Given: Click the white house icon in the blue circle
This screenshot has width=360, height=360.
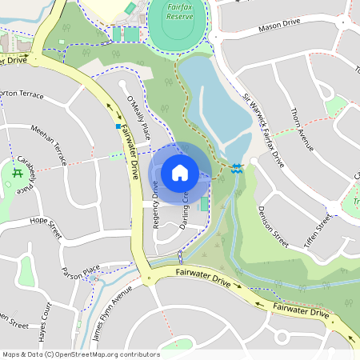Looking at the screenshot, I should tap(180, 172).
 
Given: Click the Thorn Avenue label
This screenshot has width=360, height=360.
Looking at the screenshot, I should tap(303, 131).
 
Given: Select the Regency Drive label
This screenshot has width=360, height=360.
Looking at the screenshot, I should tap(156, 205).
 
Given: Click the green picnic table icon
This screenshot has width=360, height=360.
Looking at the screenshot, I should tap(15, 172).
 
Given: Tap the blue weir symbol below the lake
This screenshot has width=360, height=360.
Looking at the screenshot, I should tap(237, 168).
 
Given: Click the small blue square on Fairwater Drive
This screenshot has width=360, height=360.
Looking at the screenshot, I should tap(118, 126).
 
